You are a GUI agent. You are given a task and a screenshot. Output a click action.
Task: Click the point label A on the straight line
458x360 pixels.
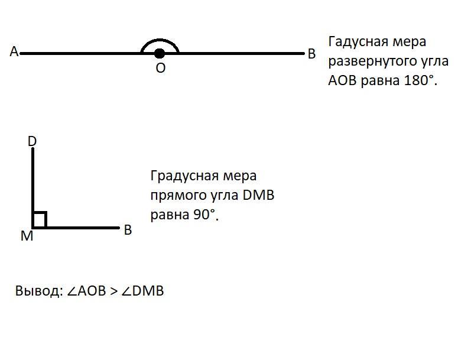pyautogui.click(x=14, y=52)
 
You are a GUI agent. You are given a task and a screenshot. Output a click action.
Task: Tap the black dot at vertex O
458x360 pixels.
pyautogui.click(x=159, y=54)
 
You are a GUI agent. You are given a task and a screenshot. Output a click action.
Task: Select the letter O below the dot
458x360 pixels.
pyautogui.click(x=160, y=69)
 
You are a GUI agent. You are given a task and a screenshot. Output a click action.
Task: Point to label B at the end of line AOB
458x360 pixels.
pyautogui.click(x=312, y=54)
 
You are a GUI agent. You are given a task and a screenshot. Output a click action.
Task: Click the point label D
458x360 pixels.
pyautogui.click(x=33, y=141)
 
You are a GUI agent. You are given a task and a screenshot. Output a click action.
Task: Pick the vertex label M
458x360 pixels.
pyautogui.click(x=27, y=236)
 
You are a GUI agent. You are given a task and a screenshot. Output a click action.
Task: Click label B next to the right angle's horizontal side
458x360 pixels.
pyautogui.click(x=128, y=230)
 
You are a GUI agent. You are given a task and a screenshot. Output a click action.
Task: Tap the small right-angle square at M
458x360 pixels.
pyautogui.click(x=40, y=220)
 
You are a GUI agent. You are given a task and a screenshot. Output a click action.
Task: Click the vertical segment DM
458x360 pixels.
pyautogui.click(x=33, y=183)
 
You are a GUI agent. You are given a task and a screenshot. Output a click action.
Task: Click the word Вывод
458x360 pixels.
pyautogui.click(x=37, y=291)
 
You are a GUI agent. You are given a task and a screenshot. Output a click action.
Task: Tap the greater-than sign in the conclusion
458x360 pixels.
pyautogui.click(x=114, y=291)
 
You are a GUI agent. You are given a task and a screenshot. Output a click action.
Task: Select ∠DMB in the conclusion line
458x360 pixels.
pyautogui.click(x=143, y=291)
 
